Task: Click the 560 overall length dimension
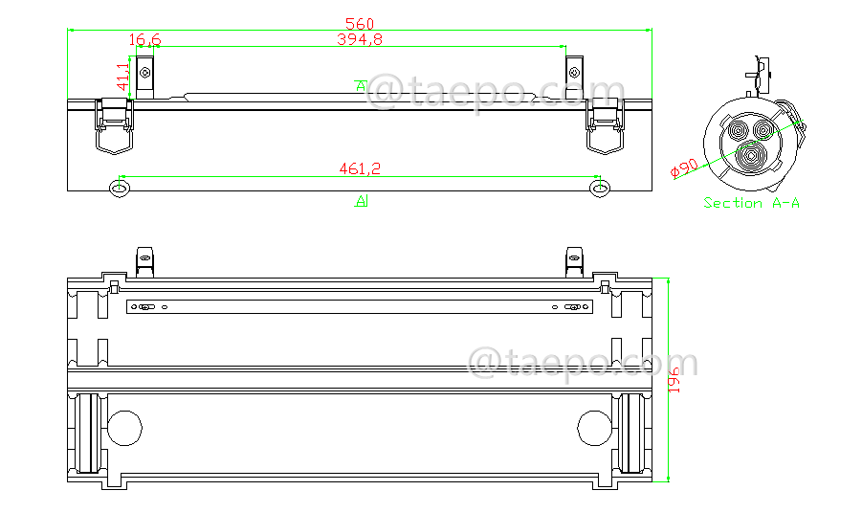[x=359, y=23]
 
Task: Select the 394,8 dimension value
[x=359, y=39]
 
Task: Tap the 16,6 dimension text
[x=144, y=39]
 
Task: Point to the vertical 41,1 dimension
[x=123, y=78]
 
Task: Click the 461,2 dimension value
[x=360, y=168]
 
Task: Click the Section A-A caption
[x=751, y=203]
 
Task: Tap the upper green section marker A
[x=360, y=86]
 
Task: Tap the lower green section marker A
[x=361, y=201]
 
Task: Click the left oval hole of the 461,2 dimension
[x=120, y=189]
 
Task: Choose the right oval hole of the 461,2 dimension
[x=600, y=189]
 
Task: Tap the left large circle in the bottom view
[x=124, y=427]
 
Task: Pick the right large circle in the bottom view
[x=595, y=427]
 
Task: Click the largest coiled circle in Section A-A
[x=753, y=157]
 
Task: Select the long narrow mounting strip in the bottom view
[x=360, y=307]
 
